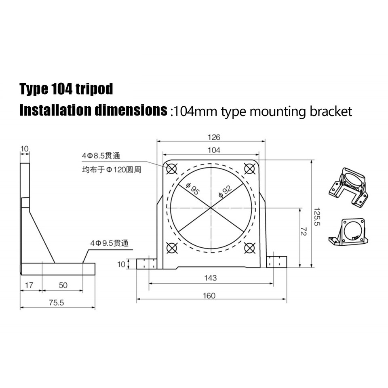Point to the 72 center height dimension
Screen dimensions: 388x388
pyautogui.click(x=304, y=231)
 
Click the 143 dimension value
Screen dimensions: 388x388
pyautogui.click(x=210, y=278)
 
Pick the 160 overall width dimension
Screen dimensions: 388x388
pyautogui.click(x=210, y=295)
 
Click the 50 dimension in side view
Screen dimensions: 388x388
pyautogui.click(x=63, y=285)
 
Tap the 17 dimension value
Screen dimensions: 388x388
pyautogui.click(x=29, y=285)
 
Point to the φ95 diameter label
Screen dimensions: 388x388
pyautogui.click(x=192, y=189)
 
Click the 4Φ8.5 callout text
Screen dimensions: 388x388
pyautogui.click(x=101, y=156)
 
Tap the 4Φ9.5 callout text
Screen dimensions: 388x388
pyautogui.click(x=109, y=243)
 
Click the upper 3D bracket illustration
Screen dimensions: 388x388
pyautogui.click(x=349, y=188)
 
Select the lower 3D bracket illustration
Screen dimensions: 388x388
pyautogui.click(x=348, y=232)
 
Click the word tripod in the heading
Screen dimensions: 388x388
pyautogui.click(x=94, y=89)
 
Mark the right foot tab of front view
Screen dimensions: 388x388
pyautogui.click(x=276, y=262)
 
